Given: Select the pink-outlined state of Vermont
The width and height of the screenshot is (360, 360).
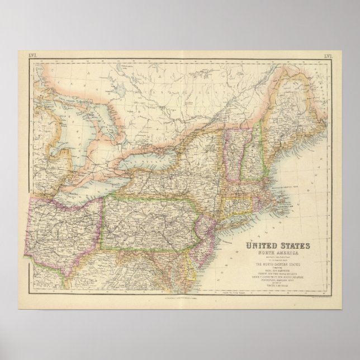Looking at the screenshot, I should (229, 151).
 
